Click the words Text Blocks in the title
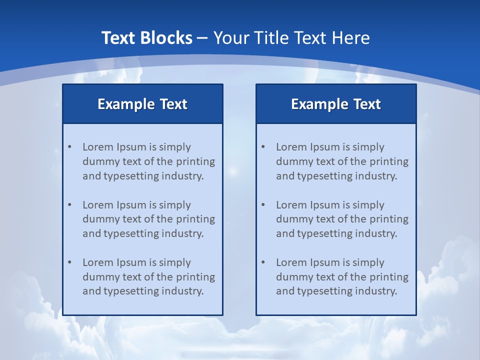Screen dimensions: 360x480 click(x=146, y=38)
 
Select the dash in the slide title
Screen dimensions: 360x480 click(x=202, y=38)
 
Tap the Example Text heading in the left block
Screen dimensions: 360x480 click(x=142, y=104)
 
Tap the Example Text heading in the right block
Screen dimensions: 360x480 click(x=336, y=104)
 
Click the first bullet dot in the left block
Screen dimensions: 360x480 click(x=69, y=147)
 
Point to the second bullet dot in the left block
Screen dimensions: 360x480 click(x=69, y=205)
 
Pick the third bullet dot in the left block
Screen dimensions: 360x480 click(x=69, y=262)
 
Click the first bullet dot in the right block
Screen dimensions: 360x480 click(x=263, y=147)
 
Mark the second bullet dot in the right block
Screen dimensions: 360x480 click(x=263, y=205)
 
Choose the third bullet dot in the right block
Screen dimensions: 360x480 click(x=263, y=262)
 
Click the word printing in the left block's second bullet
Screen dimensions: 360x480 click(x=196, y=219)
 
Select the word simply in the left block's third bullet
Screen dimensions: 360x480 click(x=174, y=262)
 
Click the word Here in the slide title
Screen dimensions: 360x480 click(x=351, y=38)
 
